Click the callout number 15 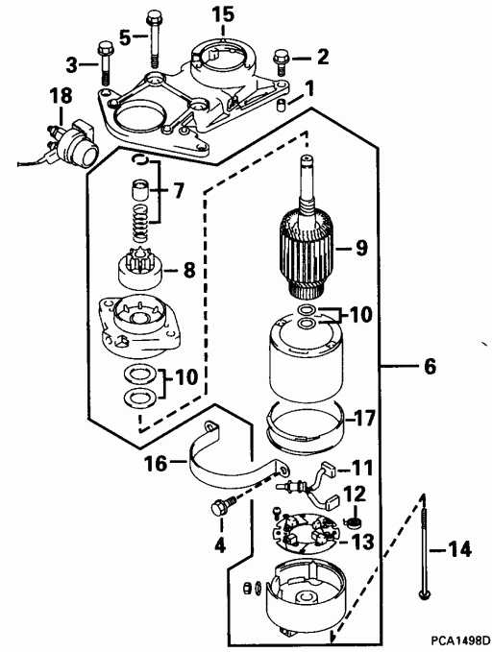click(x=222, y=13)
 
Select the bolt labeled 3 click(x=104, y=67)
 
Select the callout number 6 click(x=429, y=366)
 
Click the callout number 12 click(x=355, y=494)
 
